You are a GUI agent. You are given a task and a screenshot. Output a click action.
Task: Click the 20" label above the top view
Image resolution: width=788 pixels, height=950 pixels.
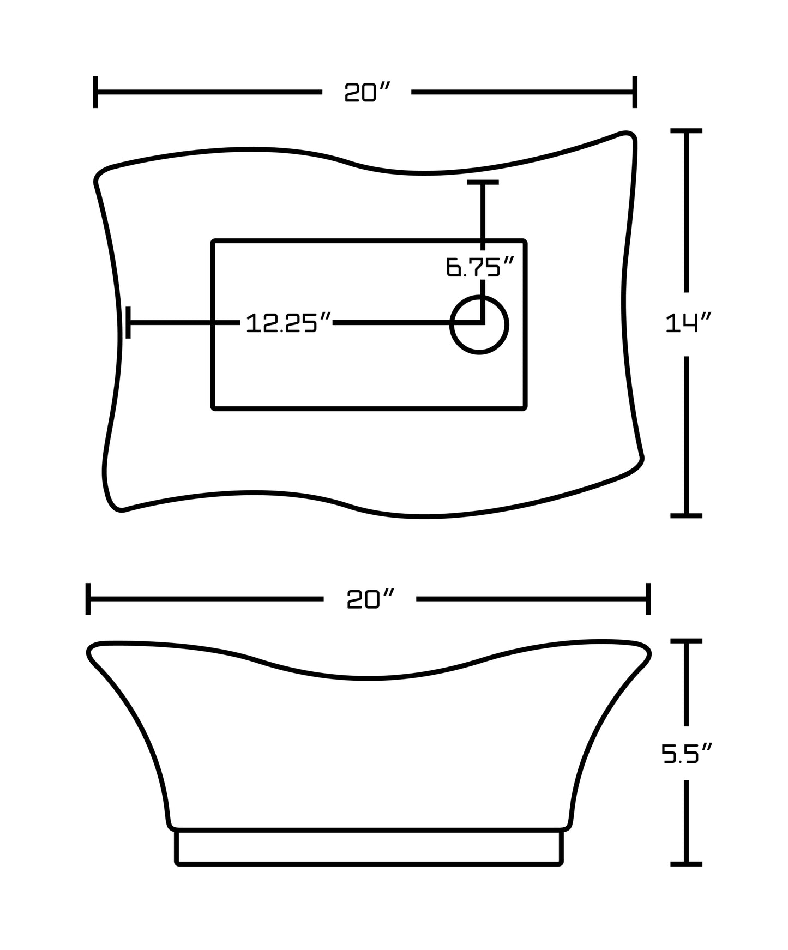(x=368, y=92)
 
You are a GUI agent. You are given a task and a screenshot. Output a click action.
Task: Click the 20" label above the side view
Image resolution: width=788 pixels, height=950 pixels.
(x=370, y=599)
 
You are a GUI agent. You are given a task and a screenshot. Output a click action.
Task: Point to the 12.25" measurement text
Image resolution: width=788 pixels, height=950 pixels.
(x=288, y=323)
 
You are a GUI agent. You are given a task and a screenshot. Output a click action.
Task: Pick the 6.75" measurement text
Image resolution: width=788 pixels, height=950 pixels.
(x=480, y=267)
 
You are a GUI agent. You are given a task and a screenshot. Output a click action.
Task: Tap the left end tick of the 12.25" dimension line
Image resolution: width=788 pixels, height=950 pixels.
(x=128, y=322)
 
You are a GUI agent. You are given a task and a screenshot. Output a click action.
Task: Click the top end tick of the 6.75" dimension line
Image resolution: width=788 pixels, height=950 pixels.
(x=483, y=182)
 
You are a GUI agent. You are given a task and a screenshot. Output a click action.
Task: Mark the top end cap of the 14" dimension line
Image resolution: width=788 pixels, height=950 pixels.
(x=686, y=131)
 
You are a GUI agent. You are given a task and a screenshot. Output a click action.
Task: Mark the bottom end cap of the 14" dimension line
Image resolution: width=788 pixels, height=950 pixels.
(x=686, y=515)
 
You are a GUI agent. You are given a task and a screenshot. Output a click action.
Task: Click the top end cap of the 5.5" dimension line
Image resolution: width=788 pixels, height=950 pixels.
(x=686, y=641)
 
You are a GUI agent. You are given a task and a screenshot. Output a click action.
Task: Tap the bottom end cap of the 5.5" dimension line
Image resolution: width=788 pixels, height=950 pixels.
(x=686, y=864)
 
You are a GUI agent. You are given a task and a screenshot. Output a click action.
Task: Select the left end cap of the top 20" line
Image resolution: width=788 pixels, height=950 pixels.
(x=95, y=92)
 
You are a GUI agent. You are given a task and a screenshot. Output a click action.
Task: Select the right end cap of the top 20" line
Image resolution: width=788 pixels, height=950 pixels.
(x=635, y=92)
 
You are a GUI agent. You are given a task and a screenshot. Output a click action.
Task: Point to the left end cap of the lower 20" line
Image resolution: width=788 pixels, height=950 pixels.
(x=88, y=599)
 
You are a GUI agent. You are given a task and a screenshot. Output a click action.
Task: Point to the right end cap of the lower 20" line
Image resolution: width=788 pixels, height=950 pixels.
(x=648, y=599)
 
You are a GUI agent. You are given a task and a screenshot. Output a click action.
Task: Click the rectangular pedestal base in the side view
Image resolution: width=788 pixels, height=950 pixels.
(x=369, y=847)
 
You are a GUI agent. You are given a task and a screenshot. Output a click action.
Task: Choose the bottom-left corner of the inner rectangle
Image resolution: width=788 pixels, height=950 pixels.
(x=214, y=407)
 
